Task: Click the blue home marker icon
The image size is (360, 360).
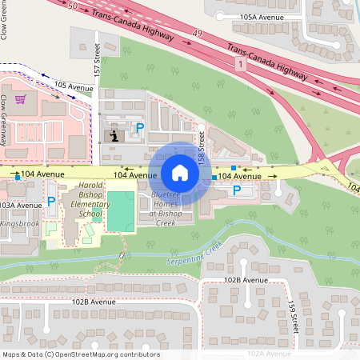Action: point(180,172)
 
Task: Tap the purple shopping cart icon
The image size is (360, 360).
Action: point(20,100)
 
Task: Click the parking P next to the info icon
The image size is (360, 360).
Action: point(139,128)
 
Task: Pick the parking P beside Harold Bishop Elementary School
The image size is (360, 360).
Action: point(51,201)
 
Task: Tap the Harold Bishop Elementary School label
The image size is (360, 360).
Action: point(91,200)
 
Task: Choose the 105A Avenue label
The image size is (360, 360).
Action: point(262,17)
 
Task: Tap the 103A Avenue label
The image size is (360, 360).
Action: point(21,206)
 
